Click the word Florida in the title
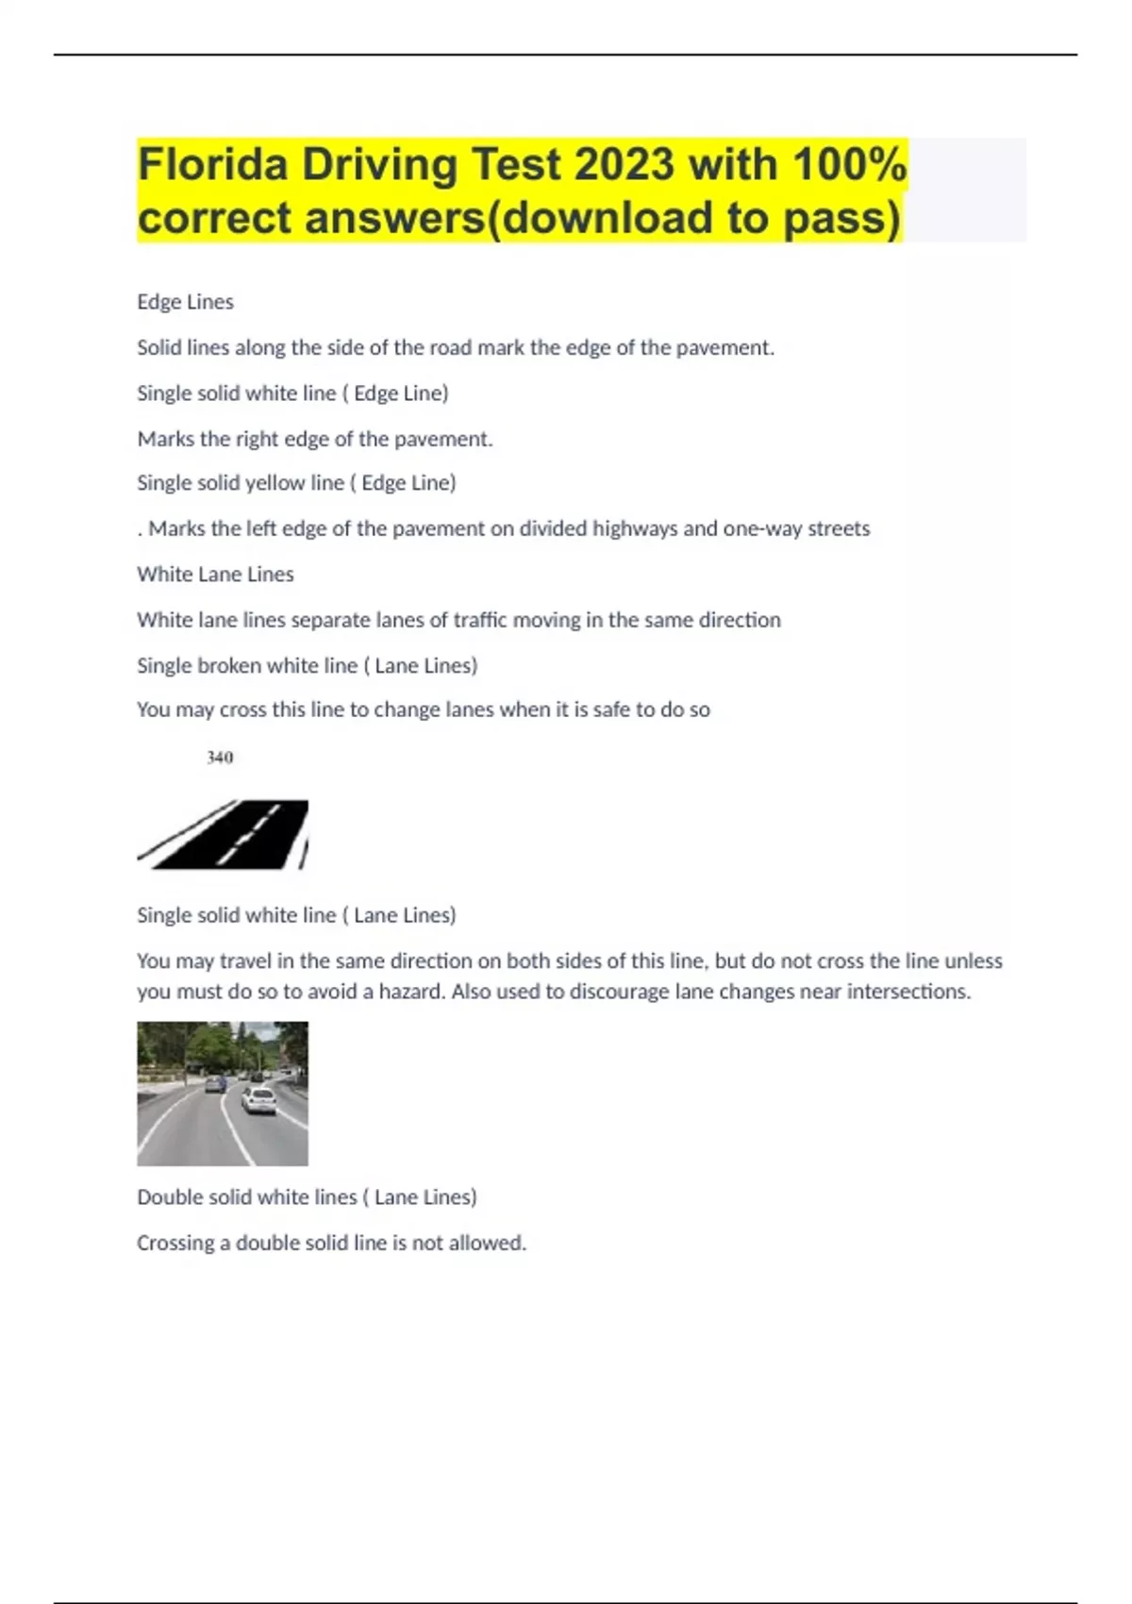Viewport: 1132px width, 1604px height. [x=212, y=165]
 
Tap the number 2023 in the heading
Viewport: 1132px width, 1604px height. [x=624, y=165]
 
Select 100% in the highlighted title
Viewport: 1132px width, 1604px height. [x=849, y=165]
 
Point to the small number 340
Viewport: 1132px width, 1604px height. [x=220, y=758]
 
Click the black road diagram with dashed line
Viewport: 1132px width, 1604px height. [x=224, y=834]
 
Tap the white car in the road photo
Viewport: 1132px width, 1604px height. [x=258, y=1100]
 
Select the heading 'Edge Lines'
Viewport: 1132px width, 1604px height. [x=185, y=302]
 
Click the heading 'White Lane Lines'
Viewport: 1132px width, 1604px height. [x=215, y=575]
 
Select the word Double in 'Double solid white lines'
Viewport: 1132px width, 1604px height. [x=167, y=1197]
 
